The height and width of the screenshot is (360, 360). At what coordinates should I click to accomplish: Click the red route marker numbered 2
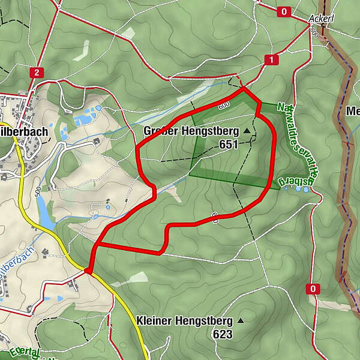point(37,73)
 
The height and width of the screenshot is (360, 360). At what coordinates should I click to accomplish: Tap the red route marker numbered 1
point(272,59)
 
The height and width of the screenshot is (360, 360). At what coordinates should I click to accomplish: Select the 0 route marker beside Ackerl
point(284,11)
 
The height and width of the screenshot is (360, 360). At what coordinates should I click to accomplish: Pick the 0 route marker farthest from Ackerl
point(313,289)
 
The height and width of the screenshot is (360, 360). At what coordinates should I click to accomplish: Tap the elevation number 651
point(229,144)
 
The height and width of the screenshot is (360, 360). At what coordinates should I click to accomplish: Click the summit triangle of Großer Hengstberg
point(246,130)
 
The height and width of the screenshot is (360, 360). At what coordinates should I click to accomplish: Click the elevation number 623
point(222,334)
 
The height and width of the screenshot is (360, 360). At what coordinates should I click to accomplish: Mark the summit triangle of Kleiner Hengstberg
point(241,321)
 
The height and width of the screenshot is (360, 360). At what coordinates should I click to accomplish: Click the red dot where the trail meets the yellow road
point(88,271)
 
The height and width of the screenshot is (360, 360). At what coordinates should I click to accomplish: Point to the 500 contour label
point(38,192)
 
